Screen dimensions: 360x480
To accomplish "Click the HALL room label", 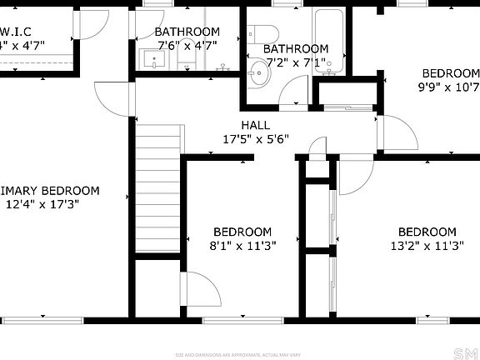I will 256,125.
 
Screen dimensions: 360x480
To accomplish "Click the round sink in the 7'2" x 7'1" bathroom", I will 259,73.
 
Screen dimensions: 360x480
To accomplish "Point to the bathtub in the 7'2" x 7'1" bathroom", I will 331,42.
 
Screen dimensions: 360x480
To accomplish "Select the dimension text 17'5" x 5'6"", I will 255,140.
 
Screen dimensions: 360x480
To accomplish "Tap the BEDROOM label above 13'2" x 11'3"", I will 427,232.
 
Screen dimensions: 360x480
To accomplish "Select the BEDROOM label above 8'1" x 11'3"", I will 242,232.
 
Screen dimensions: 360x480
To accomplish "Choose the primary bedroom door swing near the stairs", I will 111,100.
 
